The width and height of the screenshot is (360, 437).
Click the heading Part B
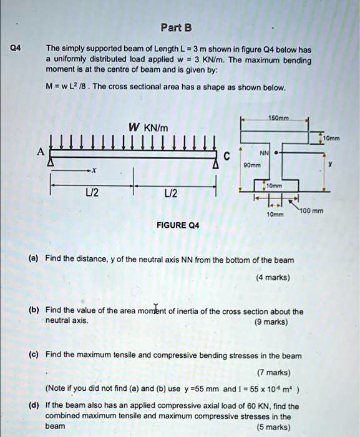pos(175,27)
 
